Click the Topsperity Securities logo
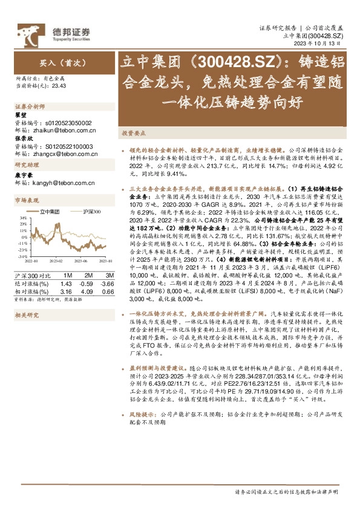tap(51, 31)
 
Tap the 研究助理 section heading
tap(25, 165)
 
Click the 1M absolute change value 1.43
tap(67, 274)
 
